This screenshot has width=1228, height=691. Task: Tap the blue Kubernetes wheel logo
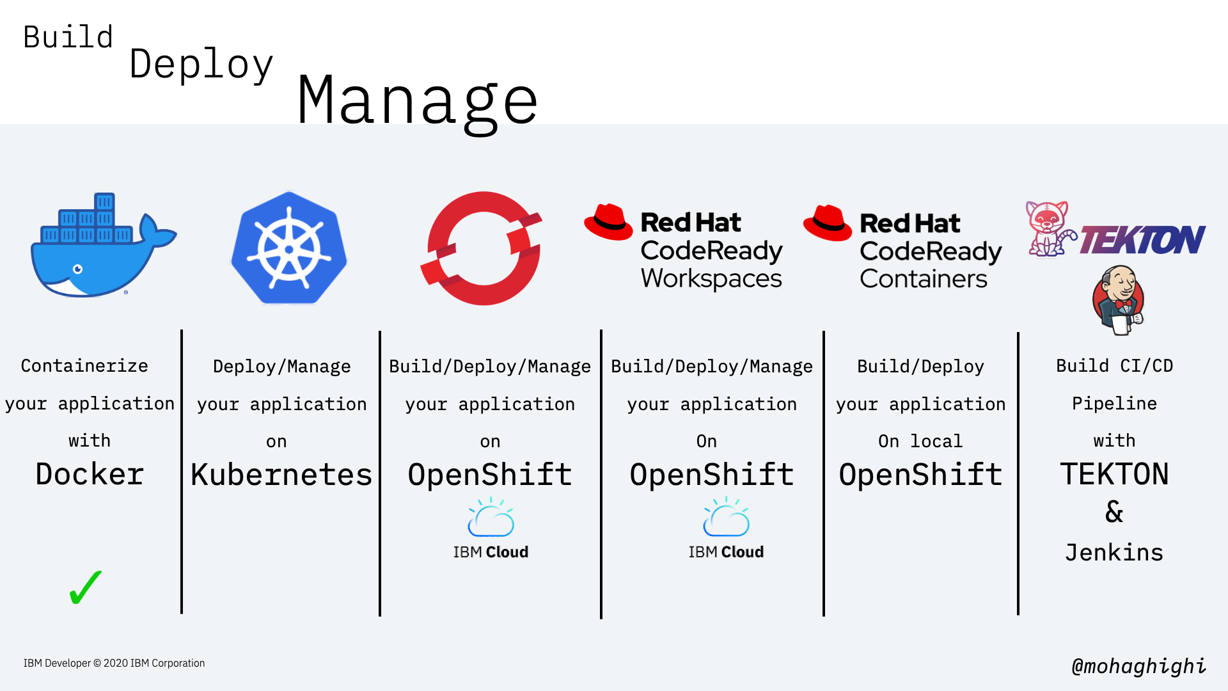(x=289, y=248)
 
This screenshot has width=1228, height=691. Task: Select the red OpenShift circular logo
(x=483, y=248)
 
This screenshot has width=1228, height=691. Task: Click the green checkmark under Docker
(x=85, y=587)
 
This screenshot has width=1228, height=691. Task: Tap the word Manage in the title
(x=417, y=101)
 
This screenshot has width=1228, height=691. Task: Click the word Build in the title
(x=68, y=37)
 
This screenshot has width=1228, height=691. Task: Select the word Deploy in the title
(x=201, y=64)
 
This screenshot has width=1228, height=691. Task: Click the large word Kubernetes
(x=281, y=475)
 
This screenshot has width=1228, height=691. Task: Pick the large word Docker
(x=90, y=474)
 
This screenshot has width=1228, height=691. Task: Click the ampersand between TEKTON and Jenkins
(x=1114, y=512)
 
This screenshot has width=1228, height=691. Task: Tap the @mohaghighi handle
(x=1138, y=666)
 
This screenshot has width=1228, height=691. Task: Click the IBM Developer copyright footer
(x=114, y=663)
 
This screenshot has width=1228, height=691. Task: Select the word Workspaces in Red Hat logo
(x=711, y=278)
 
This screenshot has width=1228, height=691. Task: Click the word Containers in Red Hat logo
(x=924, y=279)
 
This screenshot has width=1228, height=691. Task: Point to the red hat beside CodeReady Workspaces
(x=608, y=222)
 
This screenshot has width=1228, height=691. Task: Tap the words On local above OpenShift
(x=920, y=441)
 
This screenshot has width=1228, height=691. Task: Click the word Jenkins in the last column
(x=1114, y=552)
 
